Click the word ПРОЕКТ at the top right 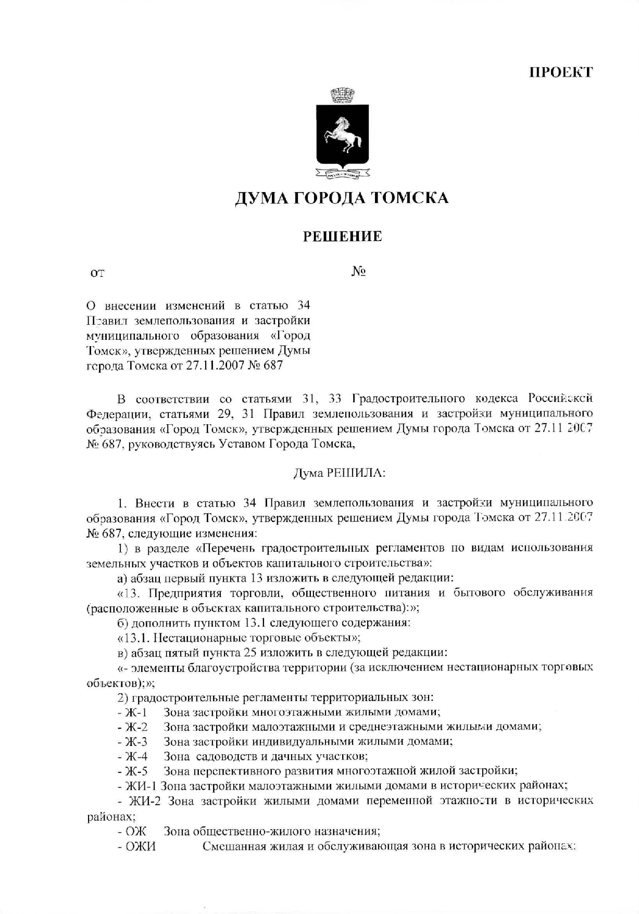(561, 72)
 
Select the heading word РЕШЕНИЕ (343, 237)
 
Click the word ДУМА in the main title (261, 198)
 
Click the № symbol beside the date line (358, 271)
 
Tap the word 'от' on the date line (97, 273)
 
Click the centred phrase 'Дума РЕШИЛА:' (340, 473)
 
